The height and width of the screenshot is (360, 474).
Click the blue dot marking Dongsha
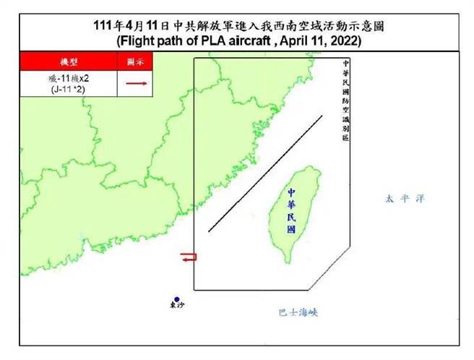(x=176, y=298)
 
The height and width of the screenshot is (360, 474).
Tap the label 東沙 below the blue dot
(x=177, y=306)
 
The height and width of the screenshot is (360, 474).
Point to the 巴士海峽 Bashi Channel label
(x=298, y=312)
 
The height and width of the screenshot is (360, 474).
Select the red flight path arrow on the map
(x=188, y=257)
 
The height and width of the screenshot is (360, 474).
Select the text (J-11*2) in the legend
(x=69, y=89)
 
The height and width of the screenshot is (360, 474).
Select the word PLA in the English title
(x=216, y=41)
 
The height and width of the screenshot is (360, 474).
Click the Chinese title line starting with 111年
(x=239, y=26)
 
